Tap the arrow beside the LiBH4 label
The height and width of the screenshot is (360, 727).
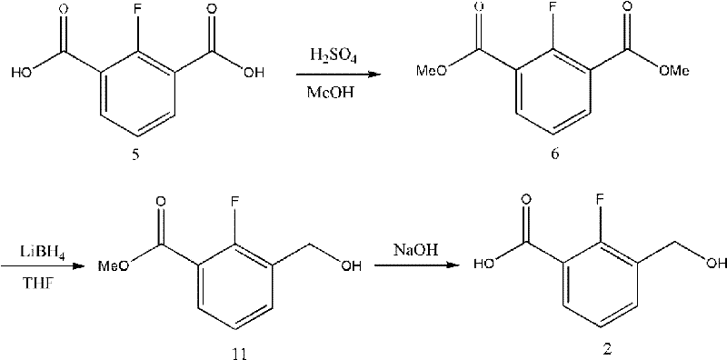[x=36, y=266]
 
